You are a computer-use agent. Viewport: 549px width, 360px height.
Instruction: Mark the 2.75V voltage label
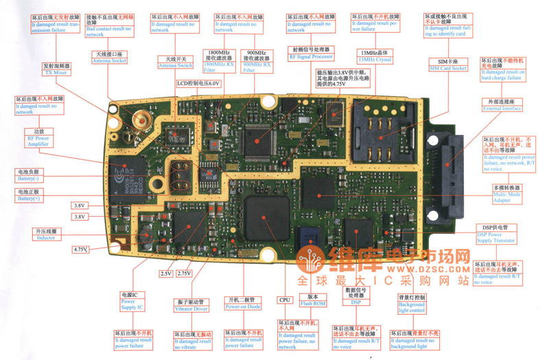point(183,274)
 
